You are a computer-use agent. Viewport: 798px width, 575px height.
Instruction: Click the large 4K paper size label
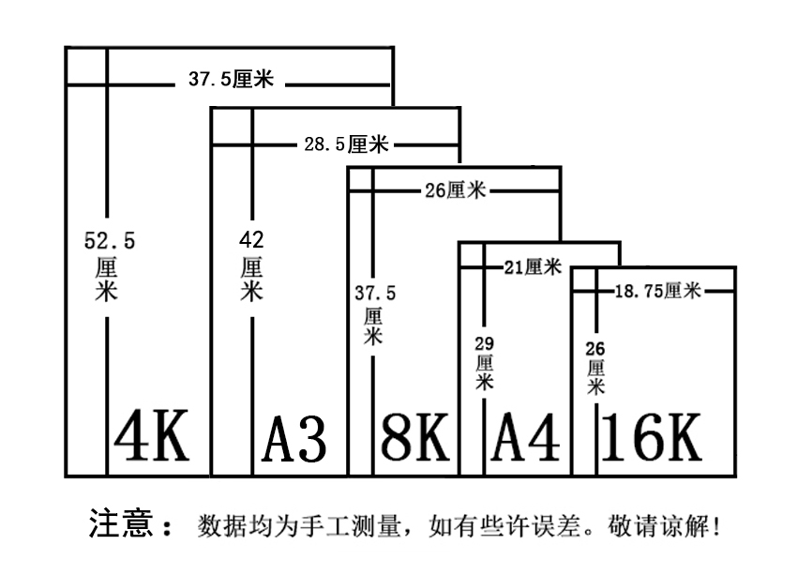coord(151,436)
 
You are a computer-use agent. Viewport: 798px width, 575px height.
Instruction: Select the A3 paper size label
coord(294,439)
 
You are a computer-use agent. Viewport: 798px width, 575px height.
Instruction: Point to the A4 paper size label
coord(526,438)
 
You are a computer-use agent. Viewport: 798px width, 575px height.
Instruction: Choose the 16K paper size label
coord(651,436)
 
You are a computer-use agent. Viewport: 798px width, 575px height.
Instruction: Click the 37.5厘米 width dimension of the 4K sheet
coord(231,80)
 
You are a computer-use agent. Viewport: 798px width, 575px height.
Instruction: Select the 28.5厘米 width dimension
coord(346,144)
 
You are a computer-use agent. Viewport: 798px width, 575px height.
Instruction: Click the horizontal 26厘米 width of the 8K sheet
coord(455,190)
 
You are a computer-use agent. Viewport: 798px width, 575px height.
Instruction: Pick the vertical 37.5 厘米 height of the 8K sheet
coord(374,314)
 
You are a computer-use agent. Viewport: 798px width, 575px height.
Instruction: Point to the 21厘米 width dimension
coord(532,268)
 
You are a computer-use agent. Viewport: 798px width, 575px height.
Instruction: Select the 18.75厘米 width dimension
coord(658,291)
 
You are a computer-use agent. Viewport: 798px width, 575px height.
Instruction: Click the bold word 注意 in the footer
coord(121,522)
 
